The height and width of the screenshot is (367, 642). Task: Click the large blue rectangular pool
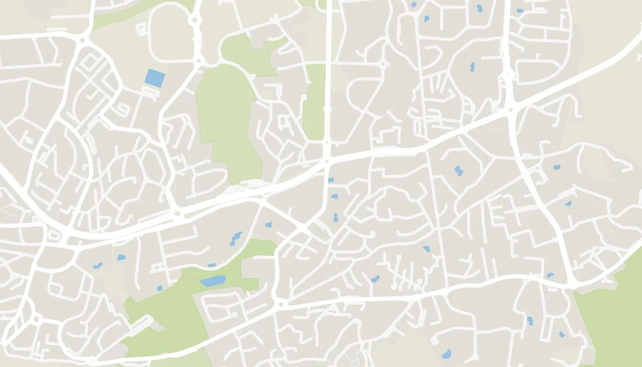coord(155,78)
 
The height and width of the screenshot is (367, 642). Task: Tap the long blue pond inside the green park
coord(213,281)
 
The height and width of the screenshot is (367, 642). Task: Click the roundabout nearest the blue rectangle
coord(197,61)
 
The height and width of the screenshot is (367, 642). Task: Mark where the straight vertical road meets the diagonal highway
coord(327,161)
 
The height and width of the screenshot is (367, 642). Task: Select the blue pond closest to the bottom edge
coord(447,354)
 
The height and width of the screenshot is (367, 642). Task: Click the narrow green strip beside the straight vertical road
coord(315,101)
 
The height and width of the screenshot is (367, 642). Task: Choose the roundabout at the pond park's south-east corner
coord(281,303)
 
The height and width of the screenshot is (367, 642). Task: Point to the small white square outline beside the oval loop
coord(141,29)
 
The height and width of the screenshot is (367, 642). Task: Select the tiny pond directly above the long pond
coord(212,266)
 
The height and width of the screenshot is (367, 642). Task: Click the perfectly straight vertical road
coord(327,73)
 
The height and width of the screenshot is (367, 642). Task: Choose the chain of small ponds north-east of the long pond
coord(236,239)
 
